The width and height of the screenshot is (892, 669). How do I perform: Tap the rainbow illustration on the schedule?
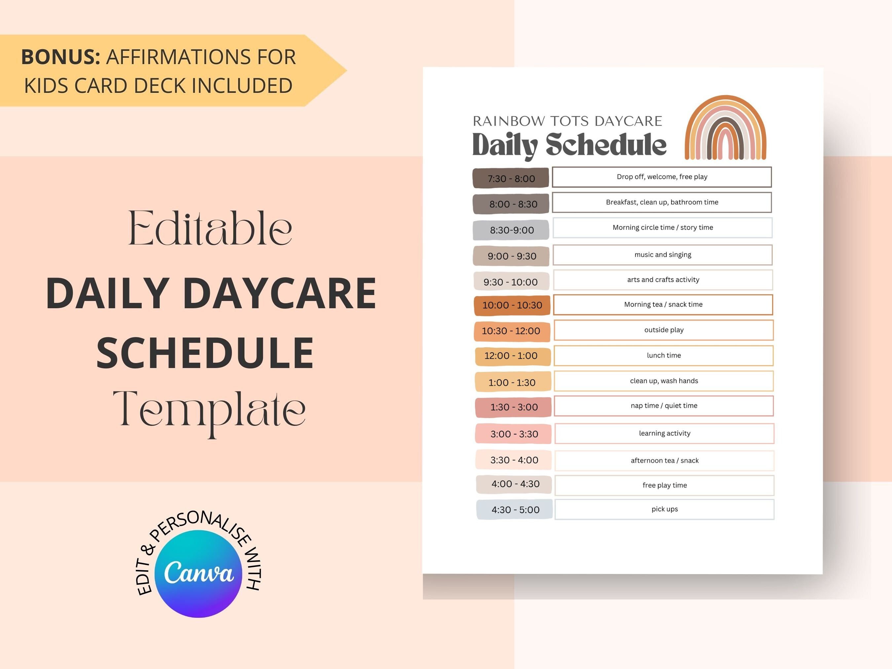click(x=725, y=128)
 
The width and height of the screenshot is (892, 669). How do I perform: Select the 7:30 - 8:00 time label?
click(x=511, y=178)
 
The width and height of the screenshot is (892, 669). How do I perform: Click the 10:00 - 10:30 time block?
click(x=512, y=305)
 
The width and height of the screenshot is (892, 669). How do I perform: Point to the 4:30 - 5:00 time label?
click(x=515, y=510)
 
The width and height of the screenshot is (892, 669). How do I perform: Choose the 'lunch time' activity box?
click(x=663, y=355)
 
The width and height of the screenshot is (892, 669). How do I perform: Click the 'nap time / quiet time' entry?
click(x=664, y=406)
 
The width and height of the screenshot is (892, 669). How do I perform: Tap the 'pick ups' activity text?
click(x=665, y=509)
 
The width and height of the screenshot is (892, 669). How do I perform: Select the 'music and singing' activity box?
click(x=662, y=254)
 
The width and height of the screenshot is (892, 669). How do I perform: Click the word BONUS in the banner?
click(x=60, y=57)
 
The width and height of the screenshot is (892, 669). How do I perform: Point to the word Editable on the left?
click(x=210, y=229)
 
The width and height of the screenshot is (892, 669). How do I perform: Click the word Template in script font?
click(x=209, y=409)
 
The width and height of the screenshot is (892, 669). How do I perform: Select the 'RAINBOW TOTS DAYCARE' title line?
click(x=567, y=121)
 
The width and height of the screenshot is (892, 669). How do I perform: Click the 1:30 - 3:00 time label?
click(x=514, y=407)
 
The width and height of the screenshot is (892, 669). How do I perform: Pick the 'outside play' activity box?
click(x=664, y=330)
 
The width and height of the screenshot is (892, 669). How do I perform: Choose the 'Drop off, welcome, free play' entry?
click(x=662, y=177)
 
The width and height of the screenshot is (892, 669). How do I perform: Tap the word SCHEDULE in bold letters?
click(x=205, y=353)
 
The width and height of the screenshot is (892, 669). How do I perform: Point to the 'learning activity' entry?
click(x=665, y=433)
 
